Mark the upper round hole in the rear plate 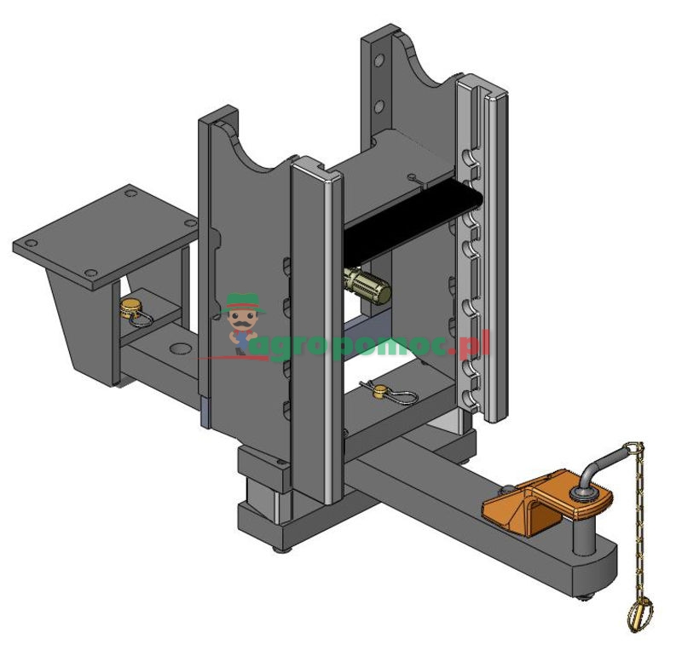(378, 61)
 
